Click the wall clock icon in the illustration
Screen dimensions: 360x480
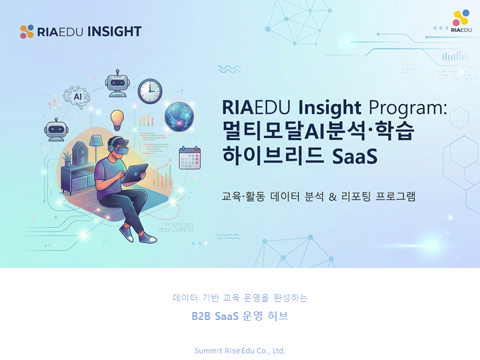pyautogui.click(x=150, y=91)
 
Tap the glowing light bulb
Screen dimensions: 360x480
pyautogui.click(x=117, y=120)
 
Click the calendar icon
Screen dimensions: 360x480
pyautogui.click(x=190, y=158)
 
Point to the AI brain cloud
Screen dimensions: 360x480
pyautogui.click(x=77, y=96)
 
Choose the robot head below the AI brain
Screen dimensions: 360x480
pyautogui.click(x=55, y=130)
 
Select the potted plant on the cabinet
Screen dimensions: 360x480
pyautogui.click(x=67, y=159)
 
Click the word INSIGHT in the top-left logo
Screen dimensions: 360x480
pyautogui.click(x=115, y=31)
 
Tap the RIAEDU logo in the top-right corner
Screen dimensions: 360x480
pyautogui.click(x=461, y=21)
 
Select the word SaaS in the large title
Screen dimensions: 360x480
pyautogui.click(x=354, y=156)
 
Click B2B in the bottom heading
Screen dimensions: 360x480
pyautogui.click(x=201, y=316)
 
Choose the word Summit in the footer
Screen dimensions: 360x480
pyautogui.click(x=208, y=351)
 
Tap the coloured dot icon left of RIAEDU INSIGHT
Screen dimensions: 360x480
pyautogui.click(x=27, y=31)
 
